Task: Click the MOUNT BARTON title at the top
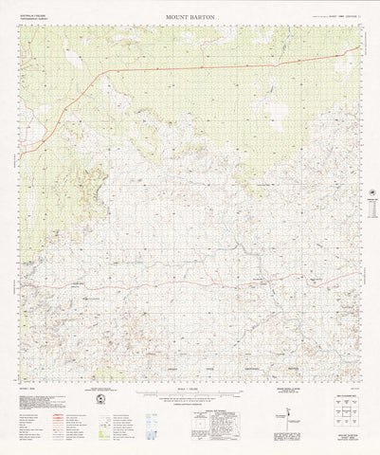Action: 189,17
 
